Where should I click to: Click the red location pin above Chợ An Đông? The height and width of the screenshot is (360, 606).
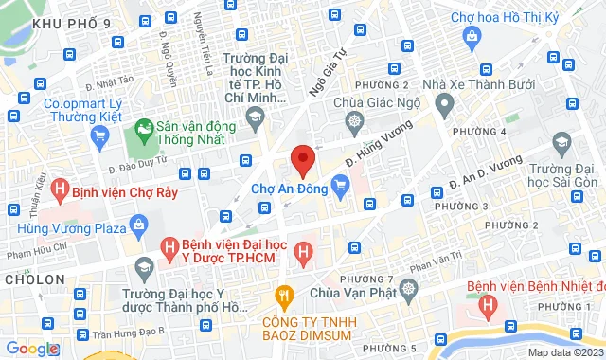(x=302, y=160)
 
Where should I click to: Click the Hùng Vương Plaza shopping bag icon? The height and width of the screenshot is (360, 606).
(x=139, y=226)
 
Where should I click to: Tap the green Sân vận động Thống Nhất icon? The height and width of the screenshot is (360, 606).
(x=145, y=127)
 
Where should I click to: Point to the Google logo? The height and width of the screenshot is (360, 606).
(x=31, y=349)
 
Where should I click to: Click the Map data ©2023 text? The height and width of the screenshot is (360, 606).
(x=563, y=352)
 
